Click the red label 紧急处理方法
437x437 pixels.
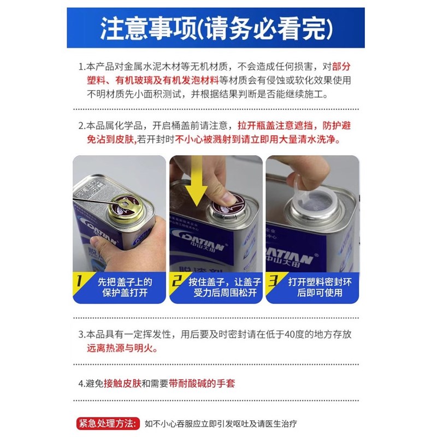(x=107, y=423)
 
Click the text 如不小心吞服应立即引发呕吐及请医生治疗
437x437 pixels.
(x=221, y=424)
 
